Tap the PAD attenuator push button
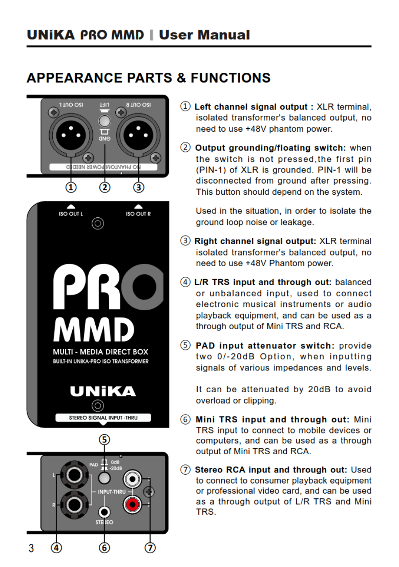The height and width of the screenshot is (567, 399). [104, 478]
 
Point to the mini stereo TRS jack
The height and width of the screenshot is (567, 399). [104, 511]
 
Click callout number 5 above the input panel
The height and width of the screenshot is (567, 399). [104, 440]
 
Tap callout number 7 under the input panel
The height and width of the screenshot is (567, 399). [150, 548]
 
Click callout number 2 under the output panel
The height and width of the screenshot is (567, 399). [105, 188]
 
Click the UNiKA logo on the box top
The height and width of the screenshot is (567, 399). [103, 391]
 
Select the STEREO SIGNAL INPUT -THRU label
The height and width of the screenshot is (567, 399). [103, 417]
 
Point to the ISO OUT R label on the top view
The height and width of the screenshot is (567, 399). [138, 214]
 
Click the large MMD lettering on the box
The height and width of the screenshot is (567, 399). [94, 330]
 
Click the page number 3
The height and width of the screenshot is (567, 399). [31, 548]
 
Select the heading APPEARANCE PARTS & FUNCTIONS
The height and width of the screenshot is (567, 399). [149, 78]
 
